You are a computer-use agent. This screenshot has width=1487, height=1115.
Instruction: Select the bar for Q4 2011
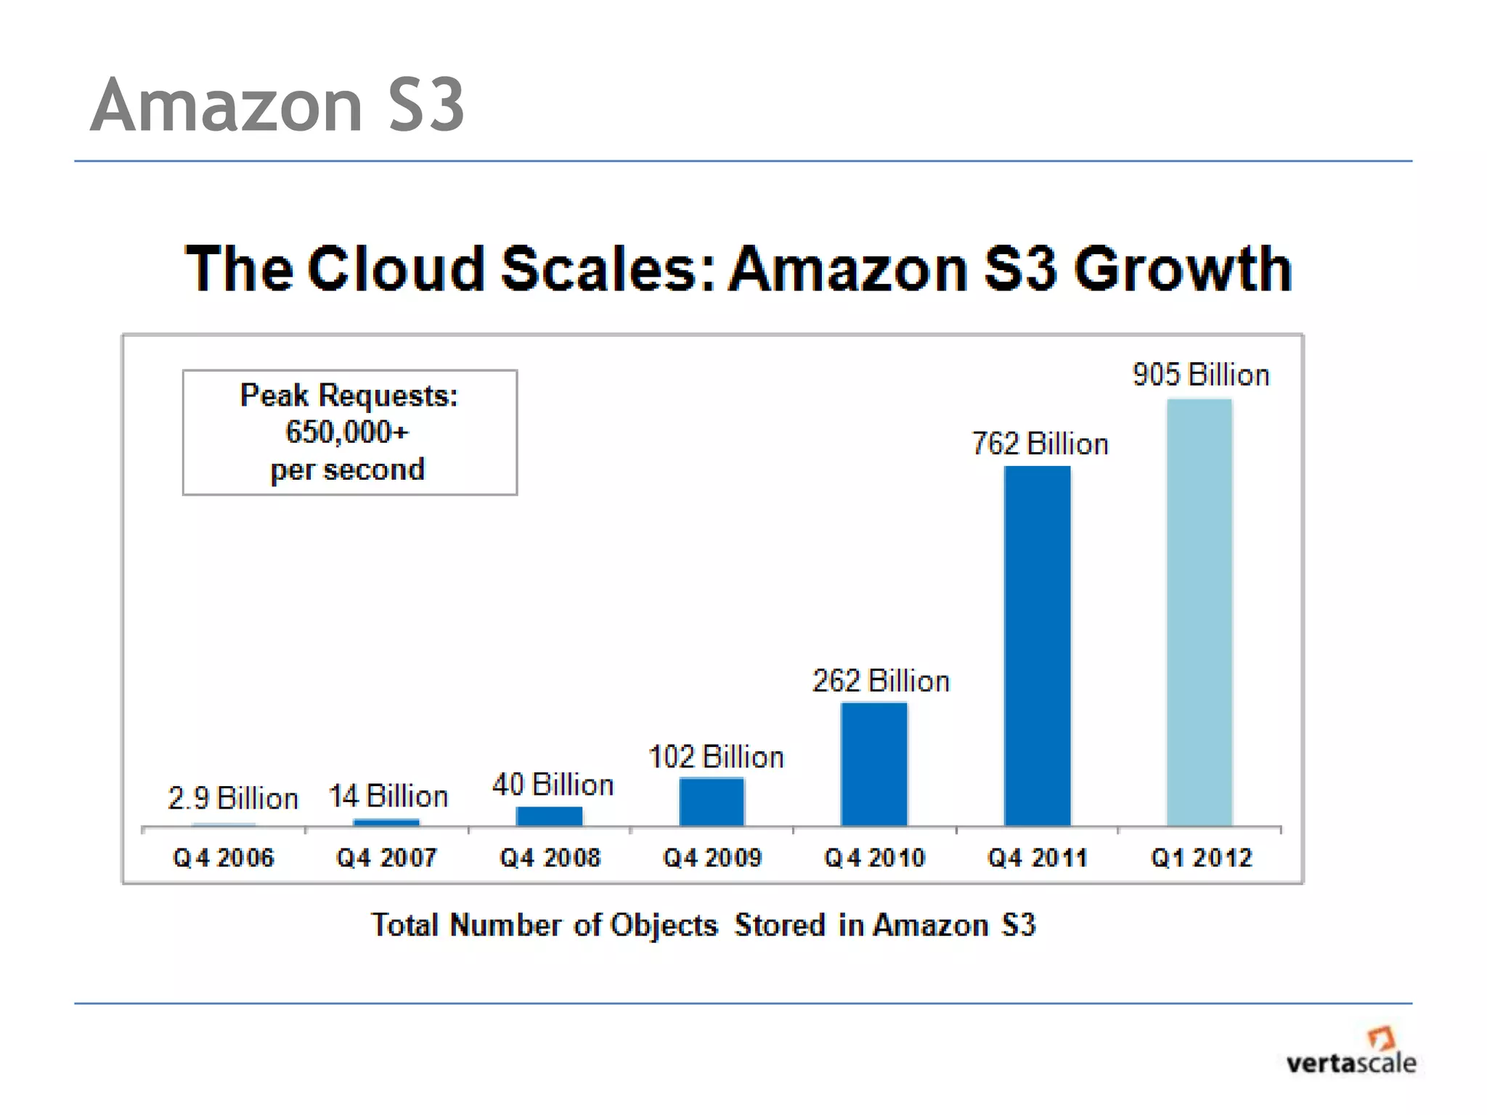(1037, 645)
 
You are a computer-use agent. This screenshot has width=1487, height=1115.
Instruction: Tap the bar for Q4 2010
(874, 764)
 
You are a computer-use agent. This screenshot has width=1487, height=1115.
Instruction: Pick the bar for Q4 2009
(712, 801)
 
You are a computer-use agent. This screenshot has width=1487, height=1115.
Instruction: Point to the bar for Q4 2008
(549, 816)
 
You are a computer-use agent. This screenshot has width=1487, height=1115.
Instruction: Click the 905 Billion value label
(1201, 375)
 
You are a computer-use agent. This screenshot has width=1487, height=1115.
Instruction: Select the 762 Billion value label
(1040, 444)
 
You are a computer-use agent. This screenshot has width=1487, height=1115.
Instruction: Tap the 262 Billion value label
(880, 681)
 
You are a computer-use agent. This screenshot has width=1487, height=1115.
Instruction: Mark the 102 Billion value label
(716, 757)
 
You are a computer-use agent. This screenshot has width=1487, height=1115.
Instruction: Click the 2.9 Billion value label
(233, 798)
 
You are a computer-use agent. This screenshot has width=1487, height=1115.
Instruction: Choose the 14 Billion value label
(388, 796)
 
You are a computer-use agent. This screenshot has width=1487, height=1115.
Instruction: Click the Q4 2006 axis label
(224, 858)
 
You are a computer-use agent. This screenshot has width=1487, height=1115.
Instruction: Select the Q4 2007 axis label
(386, 858)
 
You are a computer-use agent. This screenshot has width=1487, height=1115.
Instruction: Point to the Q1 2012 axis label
(1202, 858)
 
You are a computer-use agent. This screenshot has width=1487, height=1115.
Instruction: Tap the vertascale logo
(1351, 1053)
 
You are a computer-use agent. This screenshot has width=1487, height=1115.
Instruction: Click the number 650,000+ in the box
(347, 432)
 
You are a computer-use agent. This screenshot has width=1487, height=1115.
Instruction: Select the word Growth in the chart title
(1183, 269)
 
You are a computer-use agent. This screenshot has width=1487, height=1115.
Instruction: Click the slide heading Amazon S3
(277, 106)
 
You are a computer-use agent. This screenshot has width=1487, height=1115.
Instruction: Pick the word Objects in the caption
(664, 926)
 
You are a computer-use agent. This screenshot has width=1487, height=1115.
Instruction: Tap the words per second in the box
(347, 470)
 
